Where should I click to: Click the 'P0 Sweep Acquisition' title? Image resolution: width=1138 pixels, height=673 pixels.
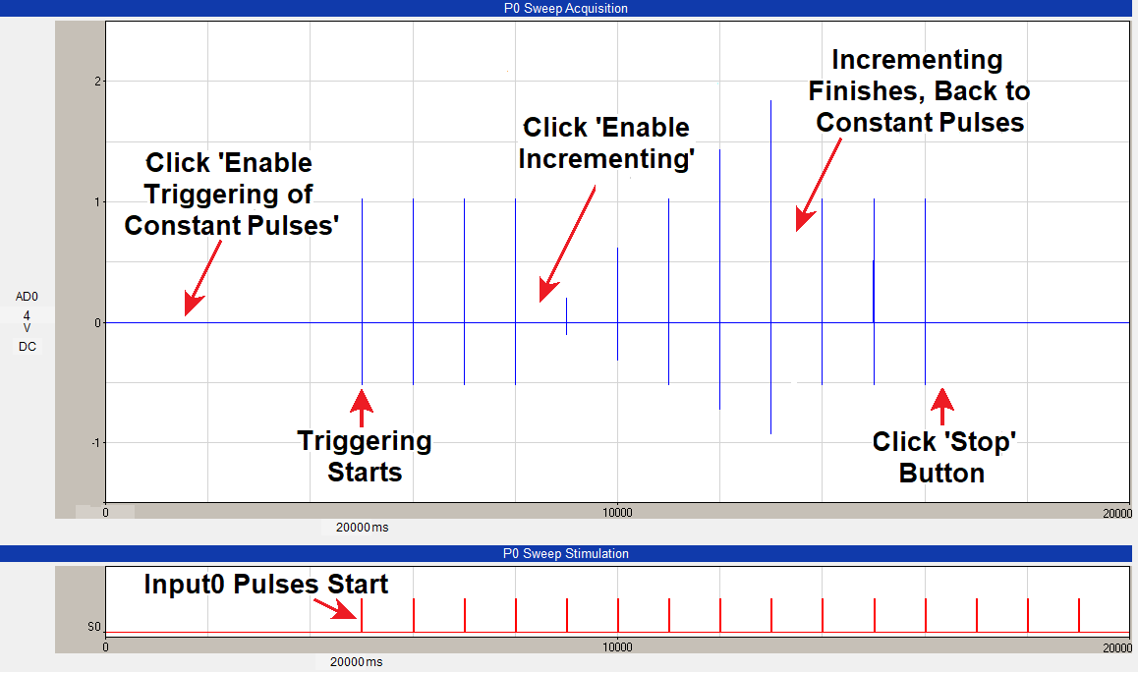(565, 8)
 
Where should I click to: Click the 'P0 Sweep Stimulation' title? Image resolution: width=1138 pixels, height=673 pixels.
(565, 553)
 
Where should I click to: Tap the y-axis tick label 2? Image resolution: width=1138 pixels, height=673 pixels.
(97, 82)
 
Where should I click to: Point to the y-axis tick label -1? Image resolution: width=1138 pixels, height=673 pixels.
(95, 442)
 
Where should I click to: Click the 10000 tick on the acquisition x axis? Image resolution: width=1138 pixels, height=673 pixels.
(617, 513)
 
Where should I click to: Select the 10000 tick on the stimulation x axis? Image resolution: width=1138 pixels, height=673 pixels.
(617, 646)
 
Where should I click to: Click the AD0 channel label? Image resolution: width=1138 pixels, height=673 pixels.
(27, 297)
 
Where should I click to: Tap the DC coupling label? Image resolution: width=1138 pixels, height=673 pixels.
(27, 347)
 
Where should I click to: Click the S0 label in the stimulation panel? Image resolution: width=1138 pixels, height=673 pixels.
(94, 627)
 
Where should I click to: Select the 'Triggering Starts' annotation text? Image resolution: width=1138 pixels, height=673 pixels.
(365, 456)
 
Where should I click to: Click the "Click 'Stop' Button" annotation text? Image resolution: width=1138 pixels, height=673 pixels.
(943, 457)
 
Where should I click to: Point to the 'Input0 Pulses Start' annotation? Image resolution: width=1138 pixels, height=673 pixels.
(265, 585)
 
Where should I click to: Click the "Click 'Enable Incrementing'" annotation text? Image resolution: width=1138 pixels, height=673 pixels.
(606, 142)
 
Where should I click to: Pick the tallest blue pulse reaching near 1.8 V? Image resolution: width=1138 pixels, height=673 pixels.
(770, 267)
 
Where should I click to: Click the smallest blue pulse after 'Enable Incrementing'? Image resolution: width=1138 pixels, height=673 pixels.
(567, 316)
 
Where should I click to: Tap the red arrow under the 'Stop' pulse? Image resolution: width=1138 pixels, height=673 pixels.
(942, 406)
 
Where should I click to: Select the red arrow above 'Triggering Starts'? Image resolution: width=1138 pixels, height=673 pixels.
(362, 409)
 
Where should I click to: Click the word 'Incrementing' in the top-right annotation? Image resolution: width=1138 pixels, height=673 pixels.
(917, 60)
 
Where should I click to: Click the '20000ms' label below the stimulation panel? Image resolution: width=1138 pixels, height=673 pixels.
(356, 662)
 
